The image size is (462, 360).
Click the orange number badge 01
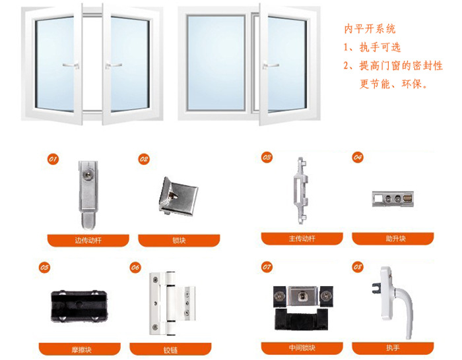(53, 160)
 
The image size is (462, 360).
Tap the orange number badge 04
(358, 157)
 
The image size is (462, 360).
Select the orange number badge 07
(267, 267)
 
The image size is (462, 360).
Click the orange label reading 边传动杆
(88, 240)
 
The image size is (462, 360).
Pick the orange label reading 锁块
(179, 240)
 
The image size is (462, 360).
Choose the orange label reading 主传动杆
(302, 239)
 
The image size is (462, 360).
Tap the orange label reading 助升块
(393, 239)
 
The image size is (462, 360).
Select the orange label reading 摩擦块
(80, 349)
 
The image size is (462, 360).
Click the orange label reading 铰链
(170, 349)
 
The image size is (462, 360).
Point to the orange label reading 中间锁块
(302, 348)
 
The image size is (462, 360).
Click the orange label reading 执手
(393, 348)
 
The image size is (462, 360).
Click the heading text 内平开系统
(370, 29)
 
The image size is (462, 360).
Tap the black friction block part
(79, 306)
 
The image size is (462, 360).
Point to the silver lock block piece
(178, 196)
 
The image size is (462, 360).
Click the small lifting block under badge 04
(393, 199)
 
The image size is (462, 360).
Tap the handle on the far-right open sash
(271, 65)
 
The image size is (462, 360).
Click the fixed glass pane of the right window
(216, 63)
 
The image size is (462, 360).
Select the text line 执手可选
(380, 47)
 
